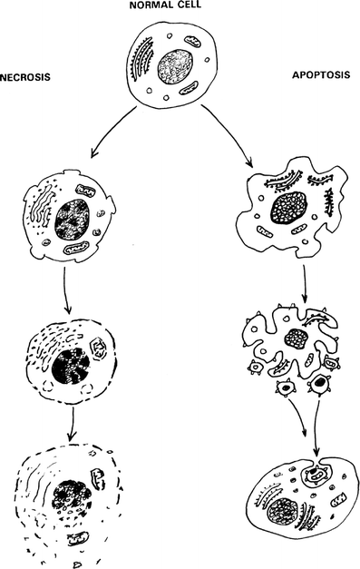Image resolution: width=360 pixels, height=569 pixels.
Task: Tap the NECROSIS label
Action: [24, 76]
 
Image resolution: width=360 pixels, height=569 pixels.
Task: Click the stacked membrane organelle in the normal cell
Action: [145, 64]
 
